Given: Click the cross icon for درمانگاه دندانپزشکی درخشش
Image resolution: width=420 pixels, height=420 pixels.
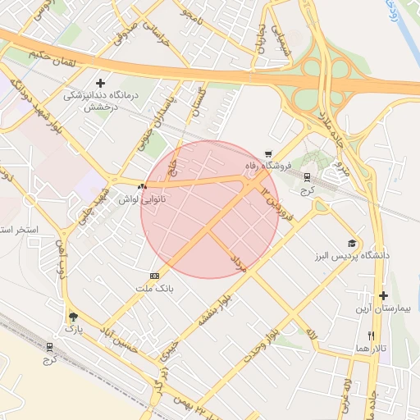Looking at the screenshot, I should pos(101,83).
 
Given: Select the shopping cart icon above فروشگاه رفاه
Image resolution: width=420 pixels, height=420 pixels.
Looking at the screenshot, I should pos(268,153).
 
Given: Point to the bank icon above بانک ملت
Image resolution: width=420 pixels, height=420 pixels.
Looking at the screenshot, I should pos(154,276).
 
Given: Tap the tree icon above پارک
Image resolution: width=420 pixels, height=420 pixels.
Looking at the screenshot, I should pos(74,316).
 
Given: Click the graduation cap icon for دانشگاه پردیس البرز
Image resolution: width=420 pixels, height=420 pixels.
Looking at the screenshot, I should pos(352,244).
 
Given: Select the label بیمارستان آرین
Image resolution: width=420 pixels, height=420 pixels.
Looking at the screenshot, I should pos(381,308).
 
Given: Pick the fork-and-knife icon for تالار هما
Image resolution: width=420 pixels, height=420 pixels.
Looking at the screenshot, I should pos(371,336).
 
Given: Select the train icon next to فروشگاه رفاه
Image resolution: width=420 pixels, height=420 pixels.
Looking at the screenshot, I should pos(307,176).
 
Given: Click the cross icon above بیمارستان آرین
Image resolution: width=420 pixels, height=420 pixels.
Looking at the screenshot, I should pos(382,295).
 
